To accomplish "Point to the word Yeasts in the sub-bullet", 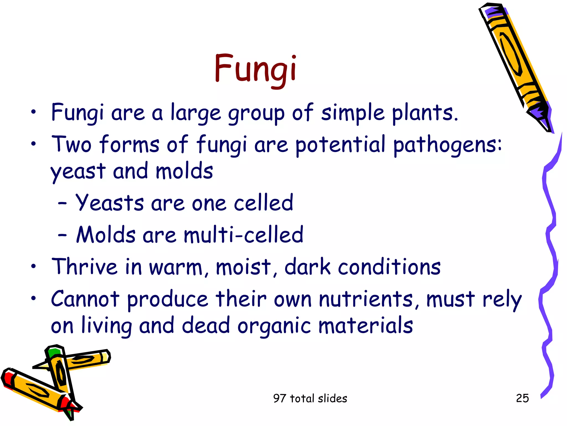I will pos(110,203).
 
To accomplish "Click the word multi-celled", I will pos(243,235).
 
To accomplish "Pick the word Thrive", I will pos(84,267).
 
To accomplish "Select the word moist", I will pos(243,267).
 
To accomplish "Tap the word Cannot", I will pos(85,299).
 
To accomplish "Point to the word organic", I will pos(274,326).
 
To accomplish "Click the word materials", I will pos(365,326).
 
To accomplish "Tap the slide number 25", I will pos(522,398).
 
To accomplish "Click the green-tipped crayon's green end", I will pos(53,352).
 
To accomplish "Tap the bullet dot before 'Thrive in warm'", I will pos(33,267).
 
